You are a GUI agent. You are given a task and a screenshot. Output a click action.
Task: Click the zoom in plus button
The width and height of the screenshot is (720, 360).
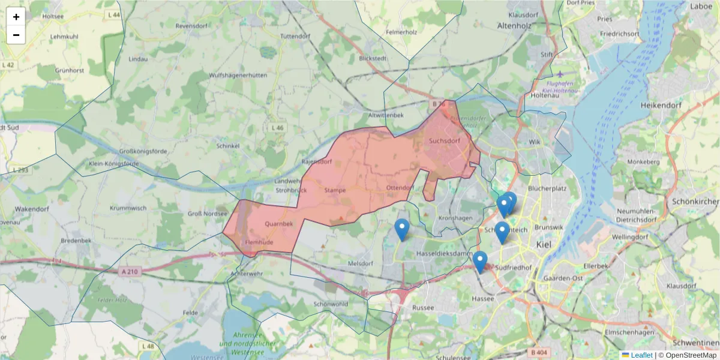pyautogui.click(x=16, y=17)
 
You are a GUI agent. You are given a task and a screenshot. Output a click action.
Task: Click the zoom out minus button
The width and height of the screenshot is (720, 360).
pyautogui.click(x=16, y=35)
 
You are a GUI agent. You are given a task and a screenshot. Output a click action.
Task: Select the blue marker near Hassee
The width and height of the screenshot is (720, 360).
pyautogui.click(x=479, y=262)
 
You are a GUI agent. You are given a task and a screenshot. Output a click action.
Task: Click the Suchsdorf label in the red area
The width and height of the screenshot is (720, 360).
pyautogui.click(x=445, y=141)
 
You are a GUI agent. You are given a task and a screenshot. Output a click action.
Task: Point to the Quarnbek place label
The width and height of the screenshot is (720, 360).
pyautogui.click(x=278, y=224)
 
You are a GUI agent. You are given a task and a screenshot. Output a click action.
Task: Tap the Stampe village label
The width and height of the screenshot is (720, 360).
pyautogui.click(x=335, y=190)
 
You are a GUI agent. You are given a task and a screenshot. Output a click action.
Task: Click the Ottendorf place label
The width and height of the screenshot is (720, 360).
pyautogui.click(x=400, y=188)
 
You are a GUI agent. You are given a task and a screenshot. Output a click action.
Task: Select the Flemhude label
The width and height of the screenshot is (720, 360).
pyautogui.click(x=259, y=242)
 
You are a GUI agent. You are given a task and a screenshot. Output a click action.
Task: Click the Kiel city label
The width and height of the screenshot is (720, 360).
pyautogui.click(x=544, y=245)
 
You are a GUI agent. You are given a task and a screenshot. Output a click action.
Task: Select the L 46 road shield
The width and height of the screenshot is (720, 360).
pyautogui.click(x=277, y=128)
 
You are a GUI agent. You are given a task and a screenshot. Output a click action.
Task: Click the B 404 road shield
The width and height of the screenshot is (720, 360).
pyautogui.click(x=538, y=352)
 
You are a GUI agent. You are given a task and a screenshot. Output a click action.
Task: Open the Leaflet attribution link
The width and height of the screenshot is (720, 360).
pyautogui.click(x=641, y=355)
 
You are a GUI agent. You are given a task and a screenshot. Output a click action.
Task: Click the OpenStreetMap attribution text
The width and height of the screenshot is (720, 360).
pyautogui.click(x=691, y=355)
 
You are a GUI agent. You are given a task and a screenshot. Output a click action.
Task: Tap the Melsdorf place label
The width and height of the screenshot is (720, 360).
pyautogui.click(x=361, y=263)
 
